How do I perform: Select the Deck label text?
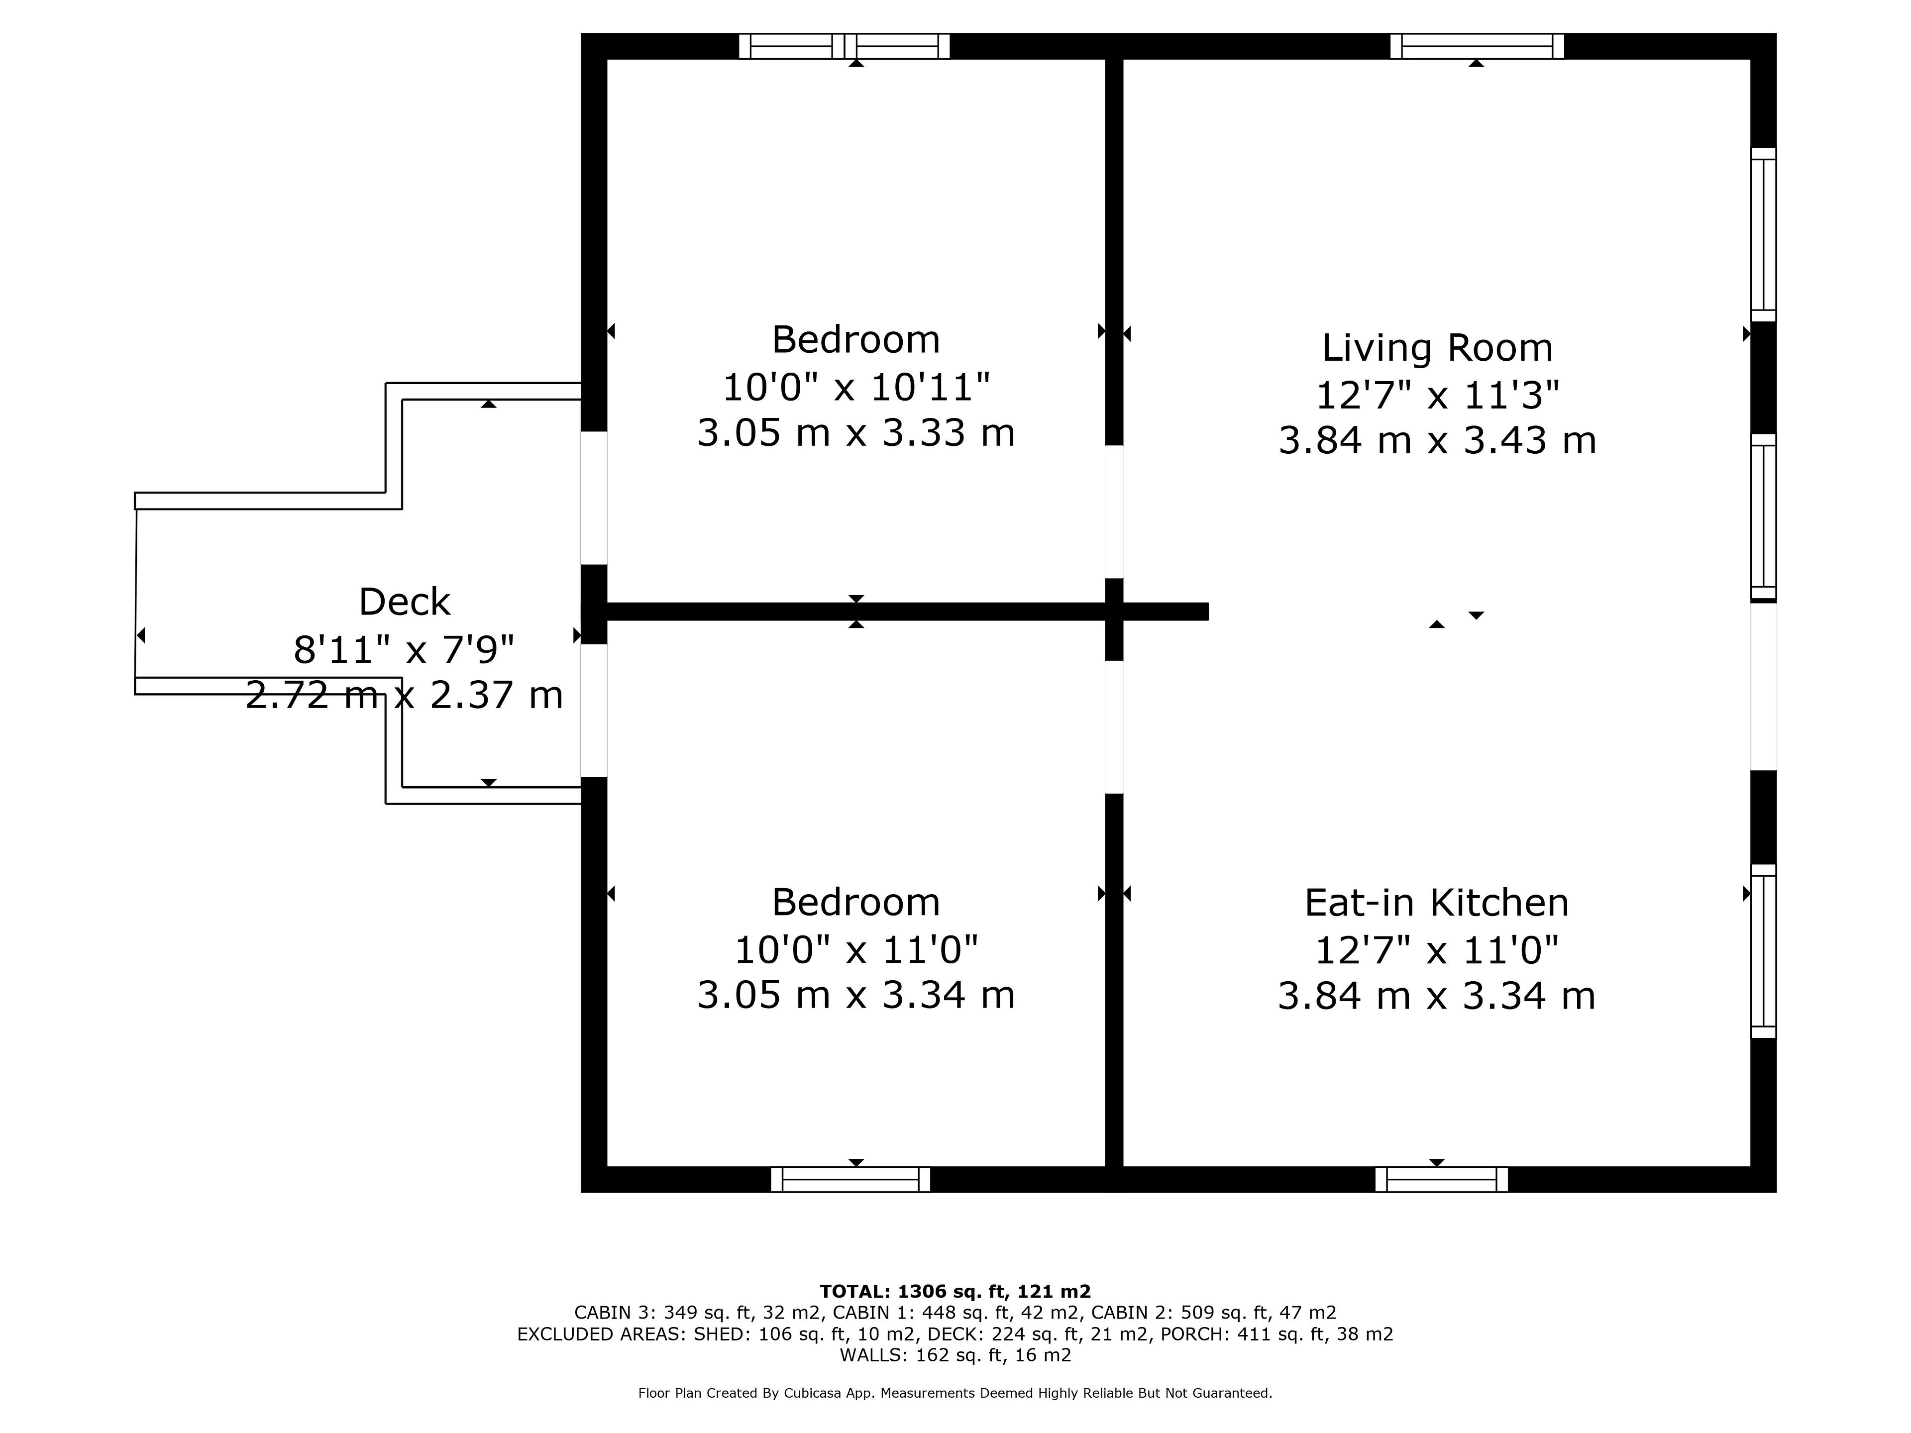pos(404,602)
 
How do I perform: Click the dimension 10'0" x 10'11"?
pos(855,387)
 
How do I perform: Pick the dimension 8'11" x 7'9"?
pos(404,649)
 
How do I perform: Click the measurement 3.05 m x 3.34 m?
pos(855,995)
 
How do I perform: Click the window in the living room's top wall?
pos(1477,46)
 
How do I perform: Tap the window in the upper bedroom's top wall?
pos(844,46)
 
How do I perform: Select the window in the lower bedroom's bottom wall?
pos(850,1179)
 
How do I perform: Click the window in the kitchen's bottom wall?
pos(1441,1179)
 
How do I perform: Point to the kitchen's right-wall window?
pos(1763,951)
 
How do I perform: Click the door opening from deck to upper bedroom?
pos(594,498)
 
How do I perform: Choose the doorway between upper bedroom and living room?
pos(1114,512)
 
